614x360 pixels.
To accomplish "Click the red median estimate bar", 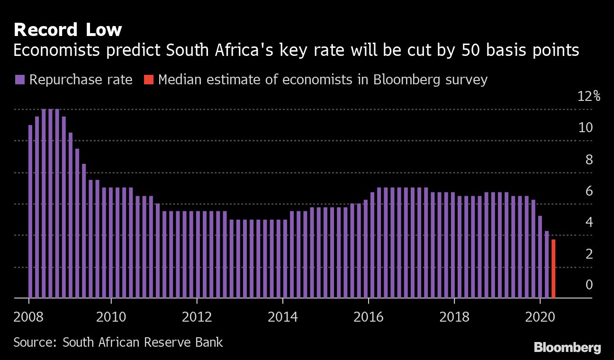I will coord(553,269).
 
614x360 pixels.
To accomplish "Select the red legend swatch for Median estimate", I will coord(148,80).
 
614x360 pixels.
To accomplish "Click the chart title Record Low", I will coord(68,30).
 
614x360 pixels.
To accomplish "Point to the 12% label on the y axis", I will coord(588,97).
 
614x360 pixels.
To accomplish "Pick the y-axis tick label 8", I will coord(589,160).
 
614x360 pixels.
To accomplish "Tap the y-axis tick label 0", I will coord(589,285).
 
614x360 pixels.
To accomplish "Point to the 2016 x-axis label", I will coord(368,316).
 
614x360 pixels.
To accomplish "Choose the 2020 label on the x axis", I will coord(540,316).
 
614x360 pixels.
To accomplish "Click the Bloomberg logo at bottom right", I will coord(567,348).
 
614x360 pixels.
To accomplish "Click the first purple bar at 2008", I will coord(30,211).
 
